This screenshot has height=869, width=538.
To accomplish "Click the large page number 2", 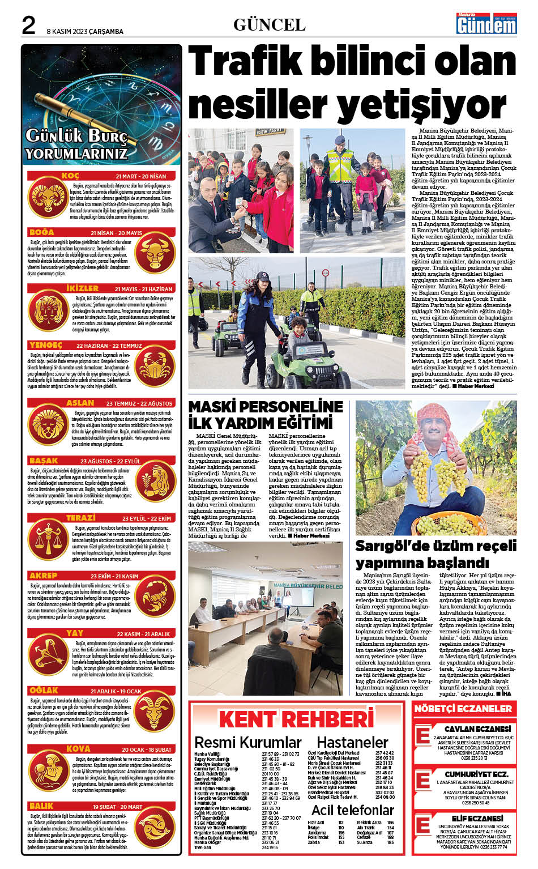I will tap(28, 25).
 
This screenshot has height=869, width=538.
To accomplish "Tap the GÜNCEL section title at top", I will tap(269, 25).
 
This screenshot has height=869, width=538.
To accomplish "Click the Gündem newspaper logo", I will tap(486, 25).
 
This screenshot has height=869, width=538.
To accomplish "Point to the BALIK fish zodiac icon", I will tap(155, 828).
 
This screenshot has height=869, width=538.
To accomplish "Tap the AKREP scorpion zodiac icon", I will tap(155, 599).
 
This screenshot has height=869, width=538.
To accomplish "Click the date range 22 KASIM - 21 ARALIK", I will tap(143, 634).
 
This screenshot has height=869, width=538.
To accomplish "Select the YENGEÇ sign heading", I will tap(46, 345).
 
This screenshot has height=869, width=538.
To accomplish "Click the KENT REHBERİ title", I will tap(296, 719).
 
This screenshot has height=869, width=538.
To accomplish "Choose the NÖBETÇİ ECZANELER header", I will tap(463, 708).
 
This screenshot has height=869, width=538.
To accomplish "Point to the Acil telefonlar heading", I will tap(352, 810).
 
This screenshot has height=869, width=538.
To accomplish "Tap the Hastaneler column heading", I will tap(352, 742).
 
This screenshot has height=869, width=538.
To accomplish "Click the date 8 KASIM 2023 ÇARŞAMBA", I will tap(85, 32).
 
